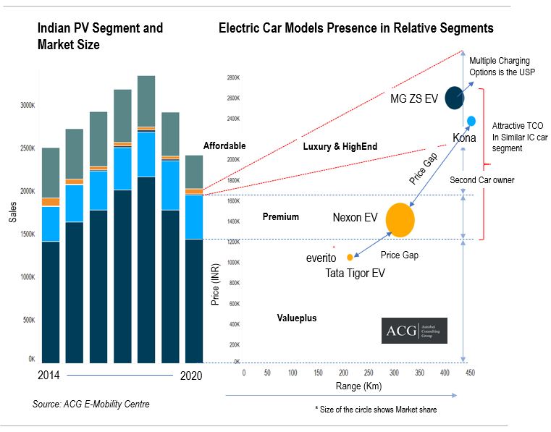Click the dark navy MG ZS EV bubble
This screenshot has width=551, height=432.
[x=455, y=97]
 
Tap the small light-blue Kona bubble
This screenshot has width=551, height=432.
[x=471, y=120]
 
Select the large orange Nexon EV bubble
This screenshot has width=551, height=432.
[x=400, y=220]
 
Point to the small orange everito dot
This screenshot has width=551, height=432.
[x=350, y=257]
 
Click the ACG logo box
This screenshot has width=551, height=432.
[x=414, y=331]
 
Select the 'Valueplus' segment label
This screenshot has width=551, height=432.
[x=297, y=318]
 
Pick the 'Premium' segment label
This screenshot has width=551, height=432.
[x=281, y=216]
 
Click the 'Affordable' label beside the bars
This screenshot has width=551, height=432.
[x=224, y=145]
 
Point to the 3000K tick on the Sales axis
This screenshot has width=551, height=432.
[x=26, y=106]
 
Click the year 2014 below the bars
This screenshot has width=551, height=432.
[x=49, y=376]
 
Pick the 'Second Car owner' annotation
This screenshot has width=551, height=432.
[x=481, y=179]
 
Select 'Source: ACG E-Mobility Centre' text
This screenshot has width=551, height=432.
[x=91, y=404]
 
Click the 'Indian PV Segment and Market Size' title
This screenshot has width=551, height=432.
[x=100, y=35]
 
